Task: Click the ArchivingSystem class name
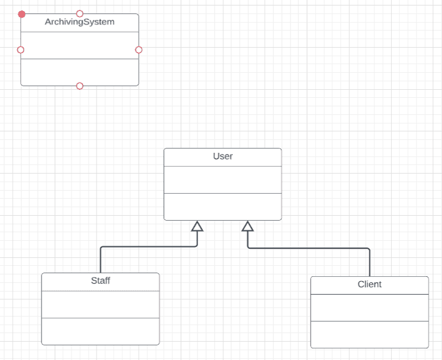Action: (x=79, y=22)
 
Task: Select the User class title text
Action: (x=223, y=156)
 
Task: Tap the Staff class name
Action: (x=101, y=281)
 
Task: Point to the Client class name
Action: (x=369, y=284)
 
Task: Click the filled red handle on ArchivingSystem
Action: (x=22, y=14)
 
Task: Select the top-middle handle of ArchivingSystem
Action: (x=79, y=13)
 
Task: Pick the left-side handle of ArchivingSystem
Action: (x=21, y=50)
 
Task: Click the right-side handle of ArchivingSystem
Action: (x=139, y=50)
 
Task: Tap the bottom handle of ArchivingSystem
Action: (x=79, y=86)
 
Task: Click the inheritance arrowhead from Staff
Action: (x=197, y=226)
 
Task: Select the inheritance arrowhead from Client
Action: (x=248, y=226)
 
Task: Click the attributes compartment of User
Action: (x=223, y=180)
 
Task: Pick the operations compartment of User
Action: (x=223, y=207)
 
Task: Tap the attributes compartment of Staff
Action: (x=101, y=304)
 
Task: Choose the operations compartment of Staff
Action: (x=101, y=331)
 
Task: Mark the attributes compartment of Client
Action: (x=369, y=307)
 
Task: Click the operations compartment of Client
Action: (x=369, y=334)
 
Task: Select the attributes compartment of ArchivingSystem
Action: (x=79, y=45)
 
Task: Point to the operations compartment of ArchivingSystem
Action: (x=79, y=72)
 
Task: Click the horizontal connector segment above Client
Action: (x=309, y=248)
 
